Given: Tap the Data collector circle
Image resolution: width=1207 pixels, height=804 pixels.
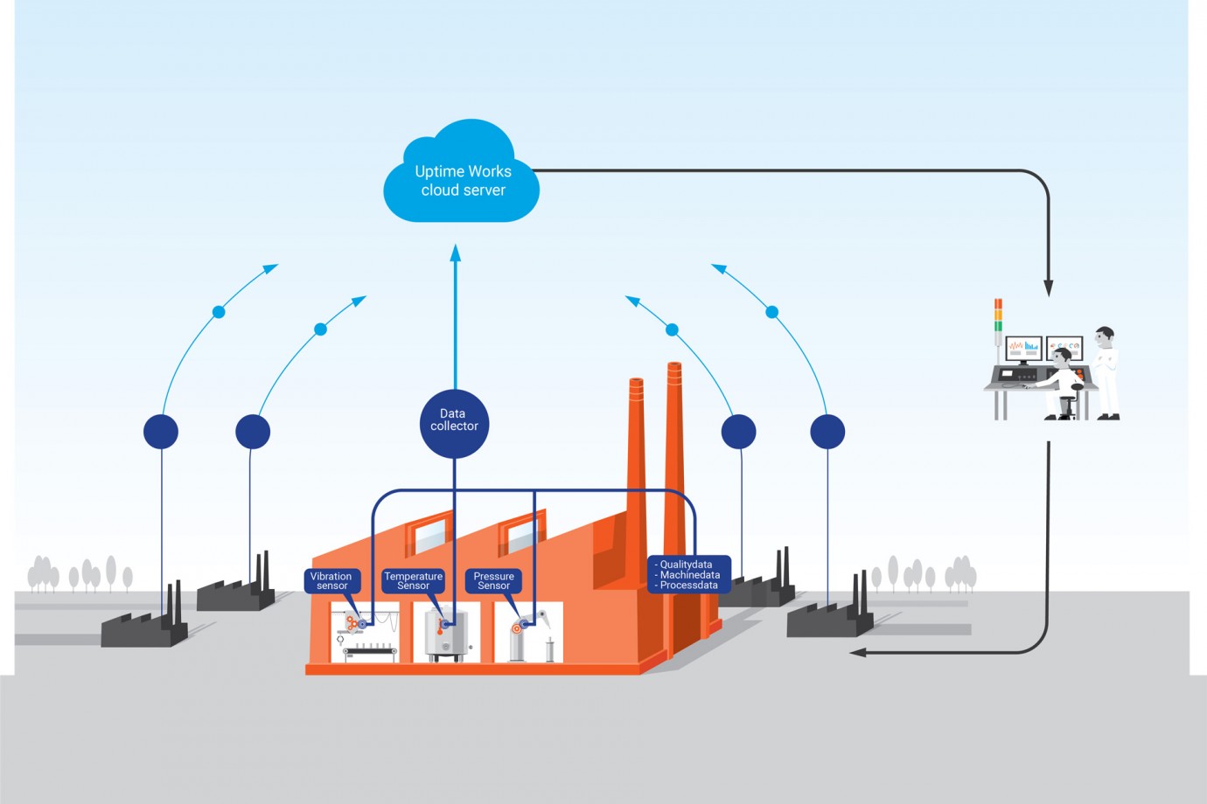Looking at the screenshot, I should [454, 423].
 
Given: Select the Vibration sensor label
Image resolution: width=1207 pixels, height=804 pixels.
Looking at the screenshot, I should [331, 581].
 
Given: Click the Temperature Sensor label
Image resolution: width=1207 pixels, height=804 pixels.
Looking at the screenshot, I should [413, 581].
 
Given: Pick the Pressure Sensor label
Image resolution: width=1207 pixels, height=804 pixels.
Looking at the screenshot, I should [493, 581].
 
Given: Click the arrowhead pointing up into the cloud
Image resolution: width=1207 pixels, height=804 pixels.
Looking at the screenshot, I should [455, 253].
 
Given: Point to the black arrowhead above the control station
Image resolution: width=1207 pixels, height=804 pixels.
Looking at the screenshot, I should [1048, 288].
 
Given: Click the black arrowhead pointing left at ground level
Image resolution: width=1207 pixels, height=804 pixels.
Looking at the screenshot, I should [858, 652].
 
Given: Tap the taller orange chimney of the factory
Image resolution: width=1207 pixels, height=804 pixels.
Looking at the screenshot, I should [673, 454].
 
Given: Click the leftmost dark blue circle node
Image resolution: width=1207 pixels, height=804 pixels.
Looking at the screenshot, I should [161, 432].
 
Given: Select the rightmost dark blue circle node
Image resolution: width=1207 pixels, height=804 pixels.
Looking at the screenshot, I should [827, 432].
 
